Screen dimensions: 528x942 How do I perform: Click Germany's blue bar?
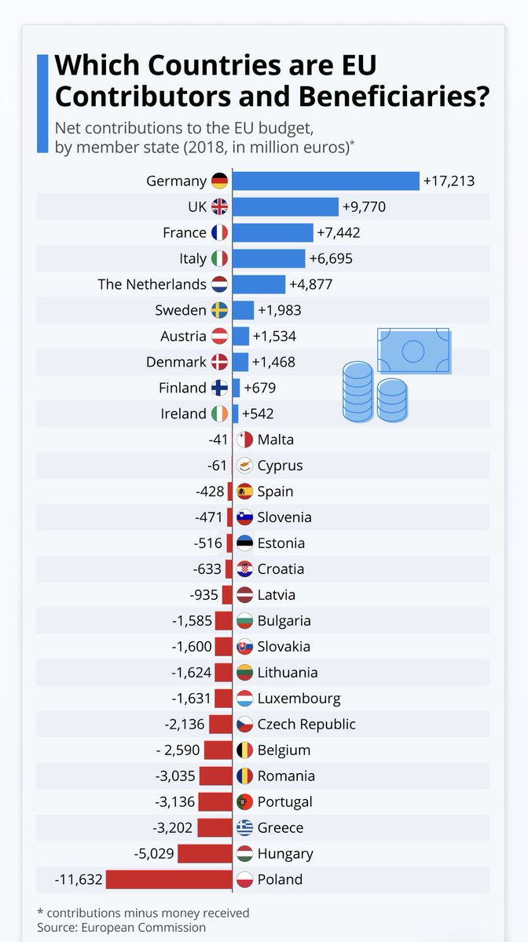[326, 181]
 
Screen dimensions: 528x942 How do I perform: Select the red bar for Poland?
[169, 879]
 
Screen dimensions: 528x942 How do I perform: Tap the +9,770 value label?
[365, 207]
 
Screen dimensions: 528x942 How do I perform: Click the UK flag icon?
[219, 207]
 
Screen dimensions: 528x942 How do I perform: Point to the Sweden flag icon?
[219, 310]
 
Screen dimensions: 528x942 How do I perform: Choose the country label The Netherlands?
[152, 284]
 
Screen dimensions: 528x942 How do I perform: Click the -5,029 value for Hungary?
[154, 853]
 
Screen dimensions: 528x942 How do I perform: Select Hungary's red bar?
[205, 854]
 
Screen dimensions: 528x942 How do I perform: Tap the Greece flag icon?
[244, 827]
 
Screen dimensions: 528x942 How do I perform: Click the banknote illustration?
[414, 351]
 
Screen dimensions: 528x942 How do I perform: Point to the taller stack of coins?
[358, 392]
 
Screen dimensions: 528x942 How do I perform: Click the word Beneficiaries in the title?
[394, 97]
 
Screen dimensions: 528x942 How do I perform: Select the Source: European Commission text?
[121, 927]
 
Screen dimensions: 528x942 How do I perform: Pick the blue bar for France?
[273, 232]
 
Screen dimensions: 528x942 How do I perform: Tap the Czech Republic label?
[306, 724]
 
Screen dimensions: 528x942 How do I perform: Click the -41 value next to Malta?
[218, 440]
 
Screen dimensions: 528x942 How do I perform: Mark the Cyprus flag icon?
[244, 466]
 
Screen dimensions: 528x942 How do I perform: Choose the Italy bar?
[269, 258]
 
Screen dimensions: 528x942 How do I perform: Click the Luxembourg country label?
[299, 699]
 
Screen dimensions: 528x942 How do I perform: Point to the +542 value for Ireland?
[258, 414]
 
